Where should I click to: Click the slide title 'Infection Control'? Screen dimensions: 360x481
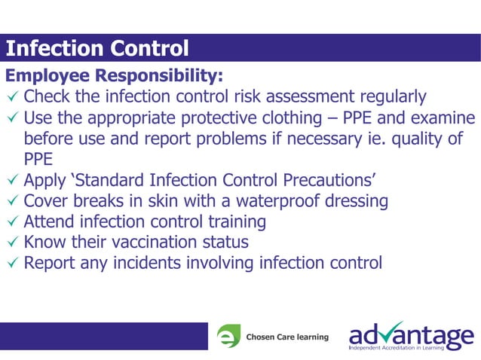click(97, 49)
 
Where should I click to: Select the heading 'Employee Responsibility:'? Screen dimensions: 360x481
click(115, 76)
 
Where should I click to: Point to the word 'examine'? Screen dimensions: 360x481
click(443, 118)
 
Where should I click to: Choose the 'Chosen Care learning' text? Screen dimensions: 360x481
click(287, 337)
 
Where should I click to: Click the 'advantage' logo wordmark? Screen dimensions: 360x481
click(411, 332)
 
